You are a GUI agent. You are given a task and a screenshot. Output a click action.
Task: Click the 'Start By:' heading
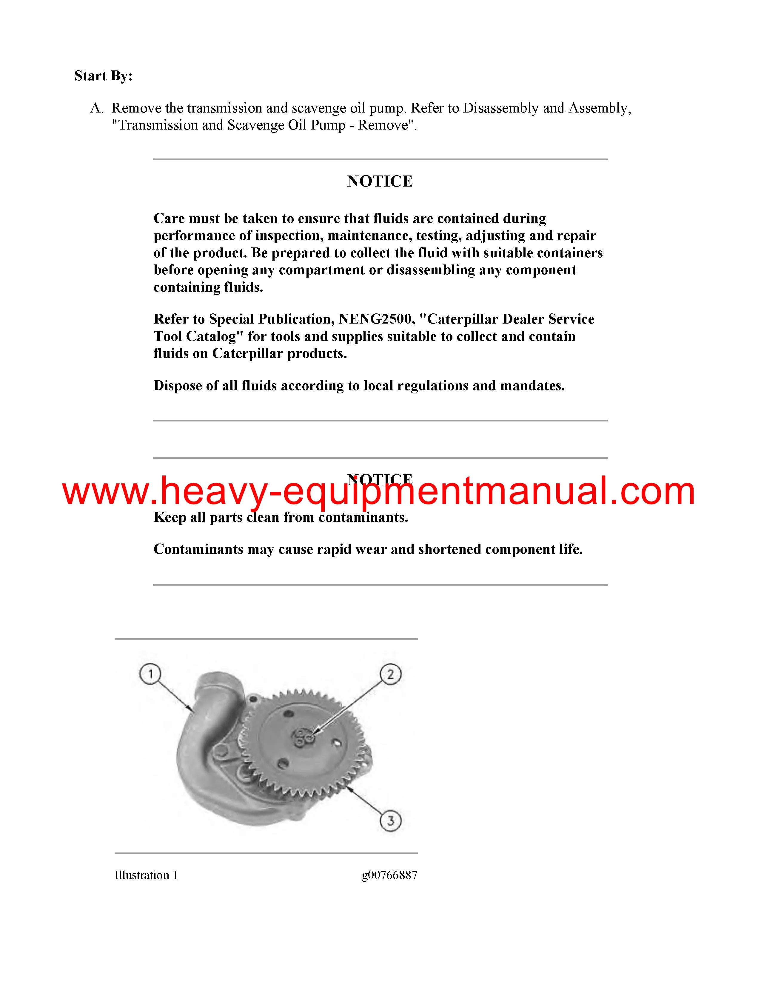(x=103, y=76)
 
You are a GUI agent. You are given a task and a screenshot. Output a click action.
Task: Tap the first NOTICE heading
(x=380, y=181)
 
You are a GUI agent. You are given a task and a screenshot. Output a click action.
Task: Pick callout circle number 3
(x=390, y=820)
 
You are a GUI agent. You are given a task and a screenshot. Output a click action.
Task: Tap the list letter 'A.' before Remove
(x=97, y=108)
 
